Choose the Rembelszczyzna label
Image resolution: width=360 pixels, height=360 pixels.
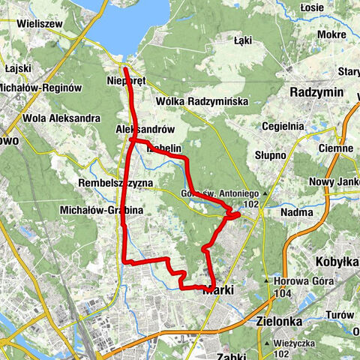pyautogui.click(x=115, y=183)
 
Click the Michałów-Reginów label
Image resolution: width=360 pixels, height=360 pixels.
pyautogui.click(x=40, y=88)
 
